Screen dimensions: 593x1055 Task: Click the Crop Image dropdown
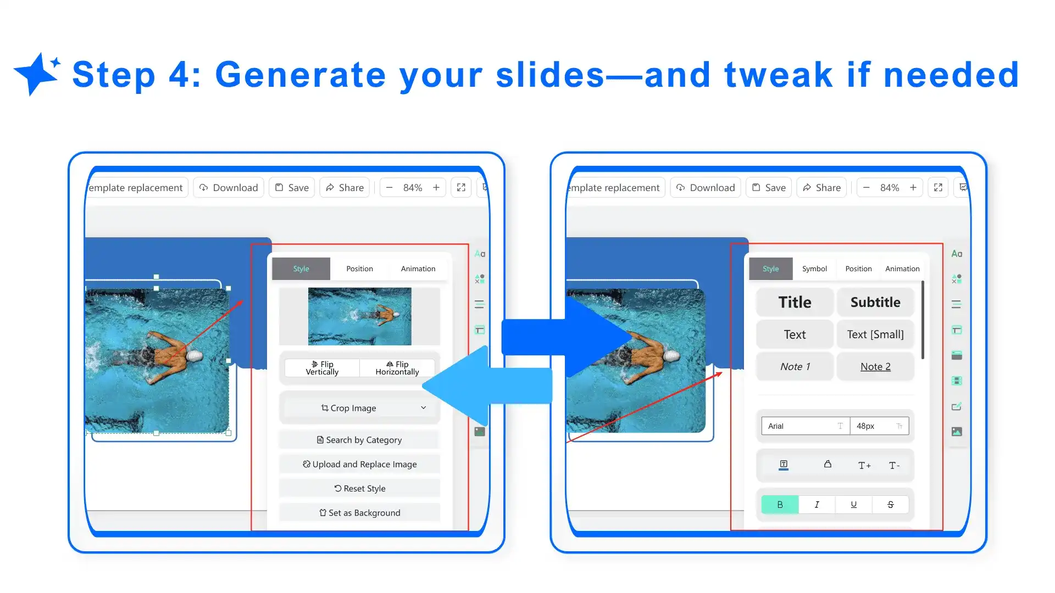pyautogui.click(x=359, y=408)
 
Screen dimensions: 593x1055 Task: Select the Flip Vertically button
pyautogui.click(x=322, y=368)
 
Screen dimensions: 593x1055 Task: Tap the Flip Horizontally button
pyautogui.click(x=397, y=368)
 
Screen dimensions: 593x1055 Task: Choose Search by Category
pyautogui.click(x=359, y=440)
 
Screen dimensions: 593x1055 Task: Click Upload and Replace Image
pyautogui.click(x=359, y=464)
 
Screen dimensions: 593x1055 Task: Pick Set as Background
pyautogui.click(x=359, y=512)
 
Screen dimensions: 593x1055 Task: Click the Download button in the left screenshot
pyautogui.click(x=229, y=188)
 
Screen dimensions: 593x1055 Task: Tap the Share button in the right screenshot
pyautogui.click(x=821, y=188)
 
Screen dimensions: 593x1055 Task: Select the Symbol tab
pyautogui.click(x=814, y=269)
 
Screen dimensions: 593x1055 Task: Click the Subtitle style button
pyautogui.click(x=875, y=302)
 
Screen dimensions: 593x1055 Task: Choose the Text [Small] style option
pyautogui.click(x=875, y=334)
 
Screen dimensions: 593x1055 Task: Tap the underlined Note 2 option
pyautogui.click(x=875, y=367)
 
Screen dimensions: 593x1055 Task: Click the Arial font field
pyautogui.click(x=805, y=426)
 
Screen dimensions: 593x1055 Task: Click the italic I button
pyautogui.click(x=817, y=505)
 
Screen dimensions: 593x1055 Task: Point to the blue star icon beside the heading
pyautogui.click(x=36, y=74)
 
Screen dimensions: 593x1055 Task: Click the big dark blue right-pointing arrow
pyautogui.click(x=566, y=337)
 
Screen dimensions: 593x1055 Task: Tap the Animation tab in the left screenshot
pyautogui.click(x=418, y=269)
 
